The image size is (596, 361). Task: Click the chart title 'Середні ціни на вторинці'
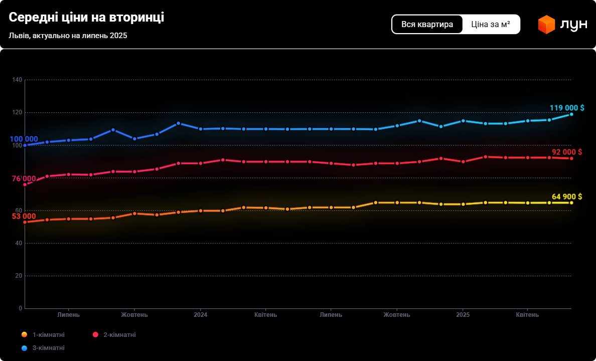point(86,18)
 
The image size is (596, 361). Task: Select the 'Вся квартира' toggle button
point(427,24)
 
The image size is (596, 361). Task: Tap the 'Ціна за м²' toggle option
point(491,24)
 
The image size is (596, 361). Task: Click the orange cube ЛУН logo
point(546,25)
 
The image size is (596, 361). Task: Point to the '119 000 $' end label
point(566,108)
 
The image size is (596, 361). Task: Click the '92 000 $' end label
point(566,152)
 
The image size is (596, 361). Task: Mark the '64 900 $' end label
point(566,197)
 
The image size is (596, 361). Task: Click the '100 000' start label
point(24,139)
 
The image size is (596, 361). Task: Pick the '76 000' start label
point(24,179)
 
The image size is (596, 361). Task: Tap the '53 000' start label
point(24,216)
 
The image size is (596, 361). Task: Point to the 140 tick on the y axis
point(17,80)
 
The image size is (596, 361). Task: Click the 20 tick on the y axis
point(19,276)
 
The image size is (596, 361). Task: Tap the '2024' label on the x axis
point(200,315)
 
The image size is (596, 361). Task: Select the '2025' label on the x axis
point(463,315)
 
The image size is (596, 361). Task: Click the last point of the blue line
point(571,114)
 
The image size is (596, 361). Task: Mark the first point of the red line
point(25,185)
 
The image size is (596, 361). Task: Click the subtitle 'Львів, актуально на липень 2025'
point(68,36)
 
